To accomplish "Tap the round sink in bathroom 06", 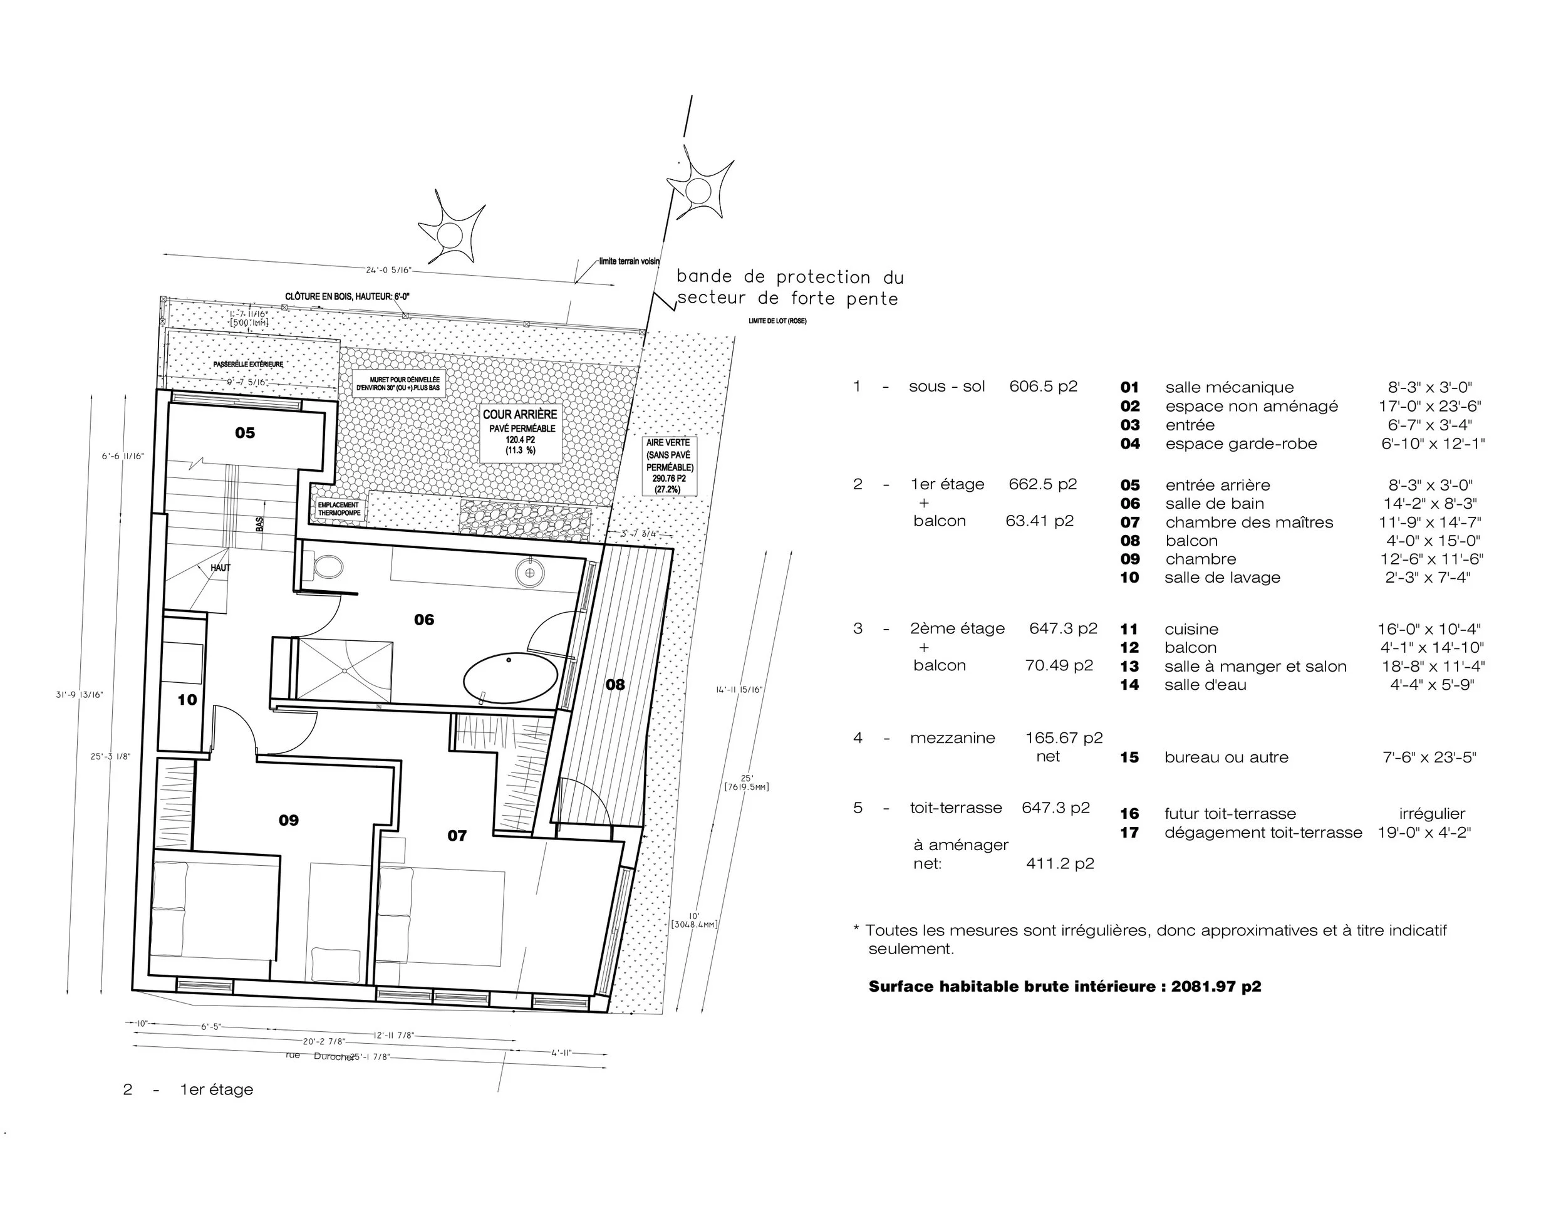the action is [529, 573].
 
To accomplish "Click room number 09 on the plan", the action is [288, 820].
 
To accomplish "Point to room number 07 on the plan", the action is [457, 835].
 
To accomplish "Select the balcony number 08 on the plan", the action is [615, 685].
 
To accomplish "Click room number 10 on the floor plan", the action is [187, 700].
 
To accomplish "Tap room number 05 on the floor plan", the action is [244, 433].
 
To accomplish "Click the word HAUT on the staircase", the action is [220, 568].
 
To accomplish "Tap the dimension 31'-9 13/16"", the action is [80, 695].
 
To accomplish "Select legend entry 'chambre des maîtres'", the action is [1249, 522].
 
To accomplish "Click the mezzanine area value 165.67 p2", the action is [1064, 738].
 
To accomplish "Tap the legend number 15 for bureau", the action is [1129, 757].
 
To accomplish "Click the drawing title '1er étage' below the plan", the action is [217, 1090].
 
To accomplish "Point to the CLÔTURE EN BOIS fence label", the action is [347, 297].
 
